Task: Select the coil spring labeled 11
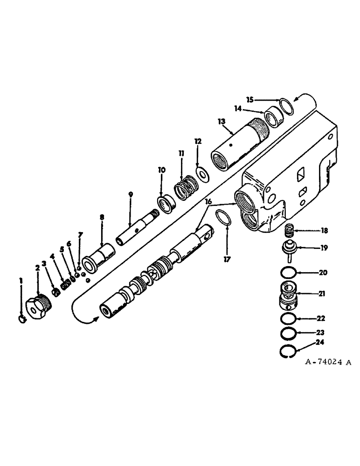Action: (x=187, y=187)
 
